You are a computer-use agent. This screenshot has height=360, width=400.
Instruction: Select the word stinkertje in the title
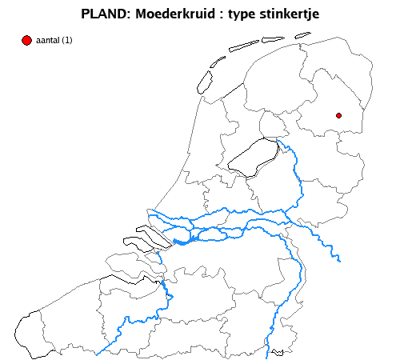286,14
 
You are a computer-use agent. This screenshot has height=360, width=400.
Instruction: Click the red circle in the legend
26,40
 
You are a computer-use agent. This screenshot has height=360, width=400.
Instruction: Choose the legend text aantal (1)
54,41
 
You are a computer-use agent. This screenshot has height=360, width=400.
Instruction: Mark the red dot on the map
338,116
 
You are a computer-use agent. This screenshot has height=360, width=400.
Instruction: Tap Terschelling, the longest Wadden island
244,46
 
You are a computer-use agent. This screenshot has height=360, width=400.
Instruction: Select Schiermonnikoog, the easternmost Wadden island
302,34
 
